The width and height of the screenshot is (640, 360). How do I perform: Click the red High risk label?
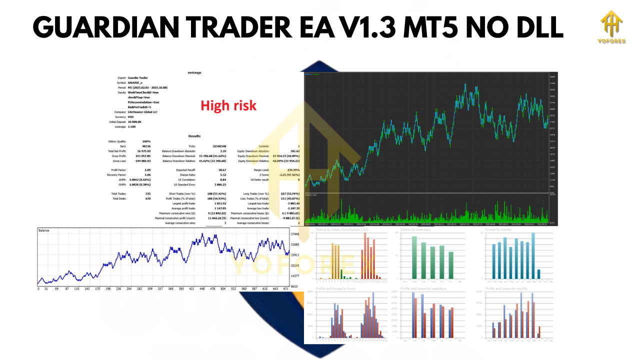click(228, 105)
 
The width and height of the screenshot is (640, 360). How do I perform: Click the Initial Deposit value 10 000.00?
click(134, 121)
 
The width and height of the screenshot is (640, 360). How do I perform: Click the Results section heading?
click(194, 136)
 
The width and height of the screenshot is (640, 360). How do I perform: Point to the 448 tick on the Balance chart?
click(202, 288)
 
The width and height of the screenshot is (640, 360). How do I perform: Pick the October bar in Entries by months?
click(538, 273)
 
